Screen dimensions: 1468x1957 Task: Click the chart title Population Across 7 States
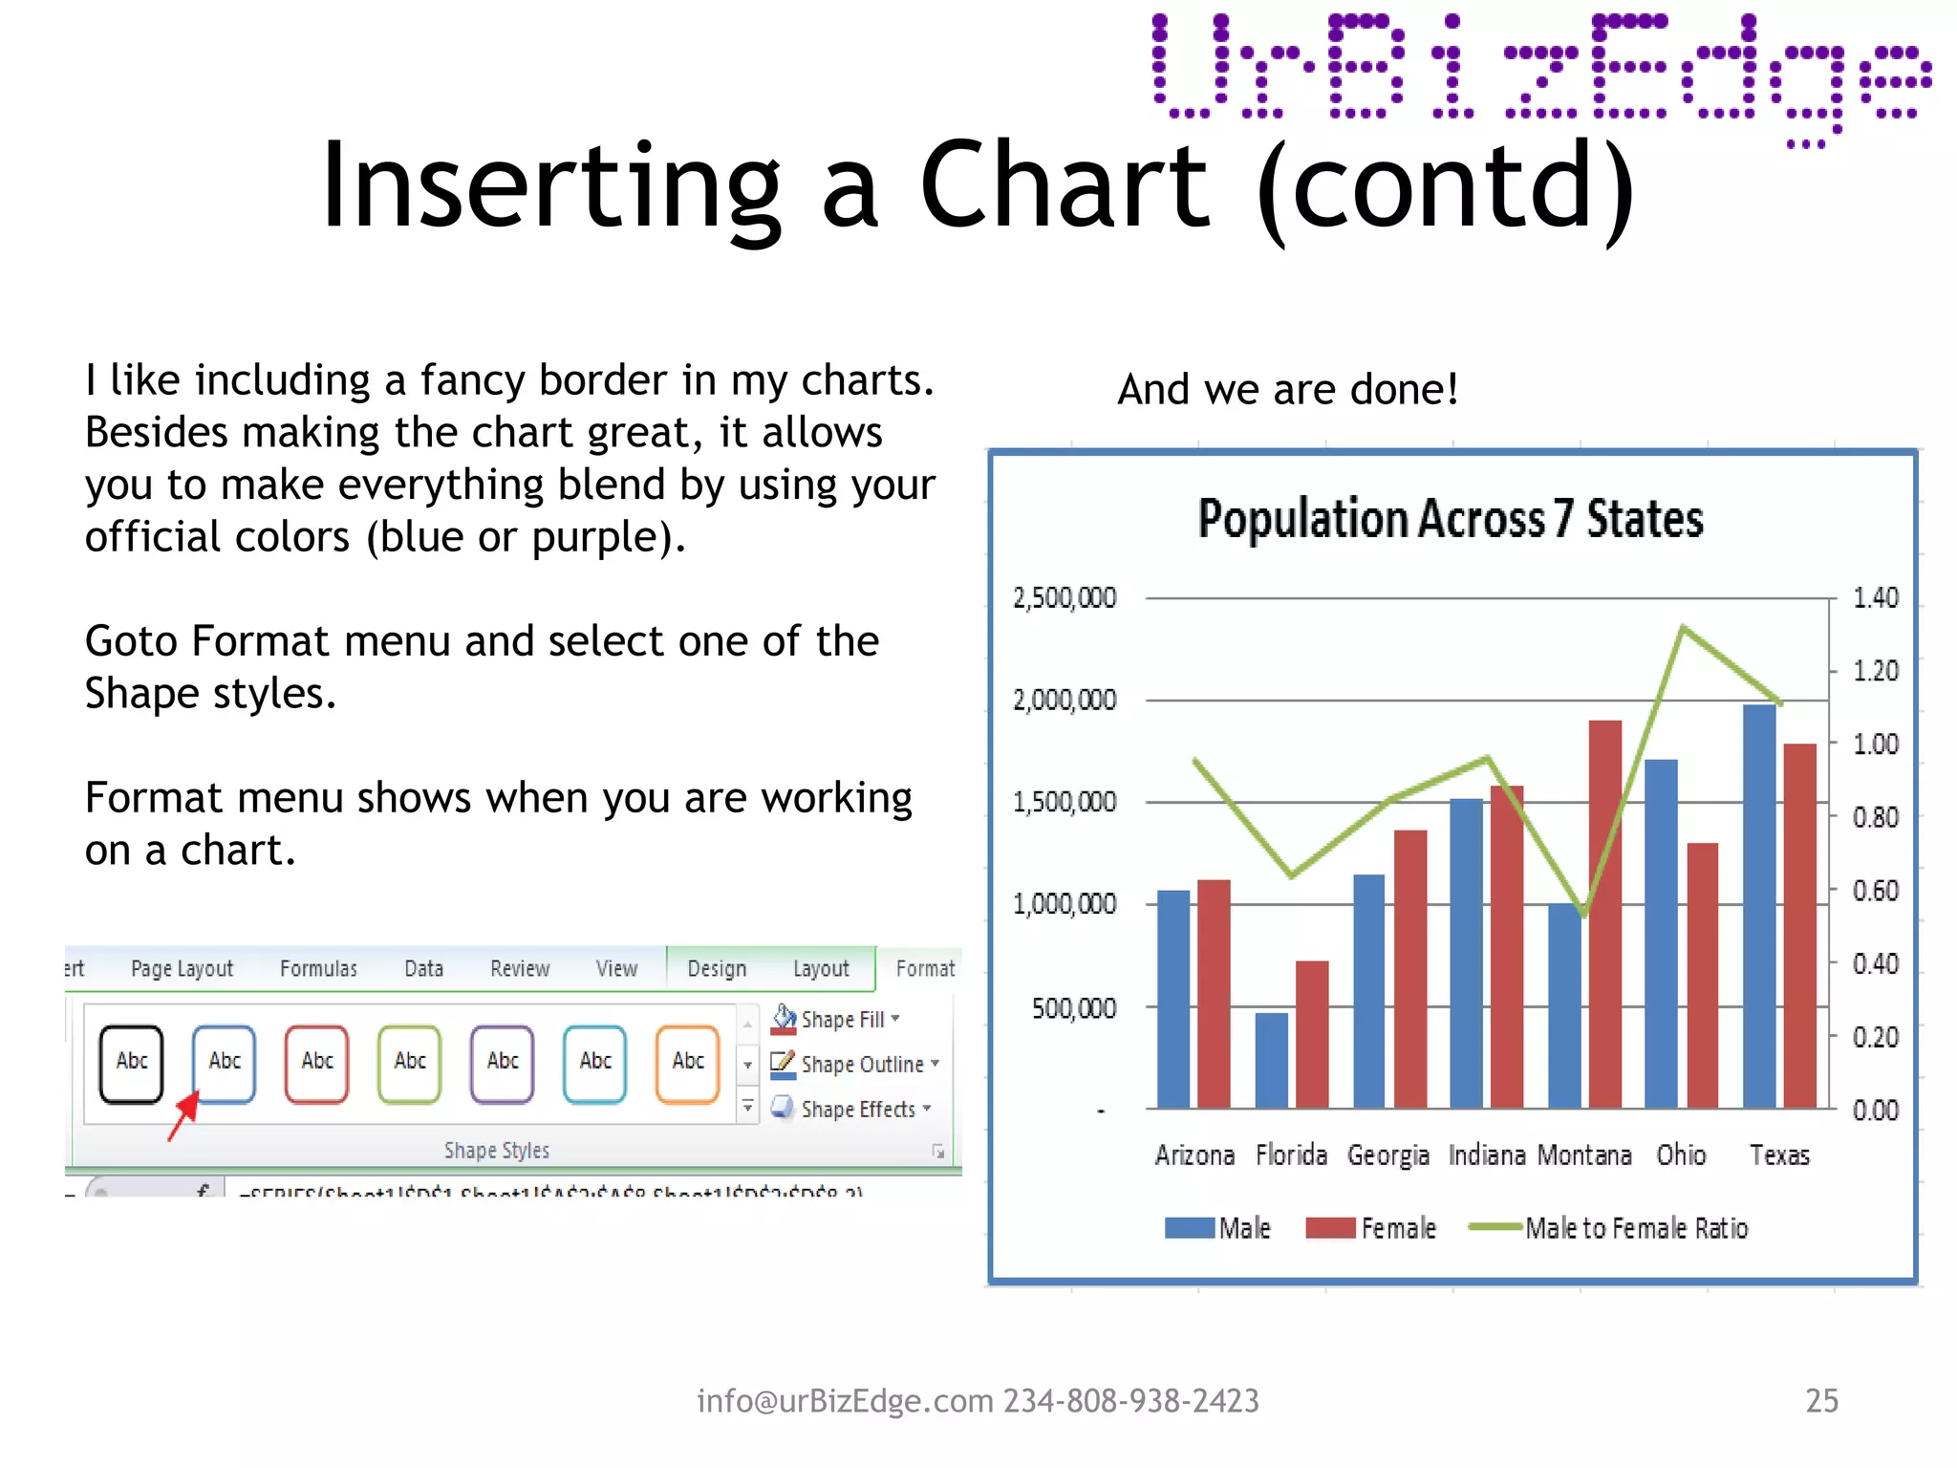tap(1450, 519)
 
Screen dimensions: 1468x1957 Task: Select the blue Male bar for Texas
tap(1759, 908)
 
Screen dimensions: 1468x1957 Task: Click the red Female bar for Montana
tap(1605, 917)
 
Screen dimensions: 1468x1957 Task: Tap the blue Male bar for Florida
tap(1271, 1061)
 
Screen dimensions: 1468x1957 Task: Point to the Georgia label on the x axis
tap(1387, 1155)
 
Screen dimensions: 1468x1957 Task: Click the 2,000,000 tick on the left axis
tap(1064, 701)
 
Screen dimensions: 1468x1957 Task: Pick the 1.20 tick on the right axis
tap(1875, 671)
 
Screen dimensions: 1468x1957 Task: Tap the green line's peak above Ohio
tap(1683, 628)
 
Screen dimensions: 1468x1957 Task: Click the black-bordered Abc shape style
tap(132, 1063)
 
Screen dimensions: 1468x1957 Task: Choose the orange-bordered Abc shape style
tap(688, 1063)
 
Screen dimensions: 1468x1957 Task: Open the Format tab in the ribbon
tap(924, 969)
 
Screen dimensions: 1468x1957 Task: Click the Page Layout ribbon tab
tap(182, 969)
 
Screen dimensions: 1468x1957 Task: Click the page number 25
tap(1821, 1401)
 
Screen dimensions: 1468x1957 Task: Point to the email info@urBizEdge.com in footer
tap(845, 1401)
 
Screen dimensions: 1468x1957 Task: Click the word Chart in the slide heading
tap(1065, 186)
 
